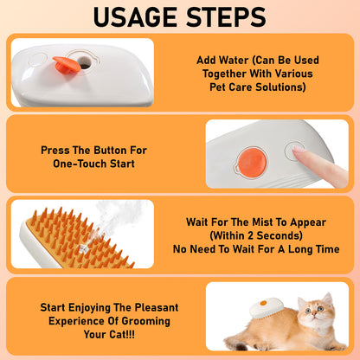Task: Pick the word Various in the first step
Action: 282,74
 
